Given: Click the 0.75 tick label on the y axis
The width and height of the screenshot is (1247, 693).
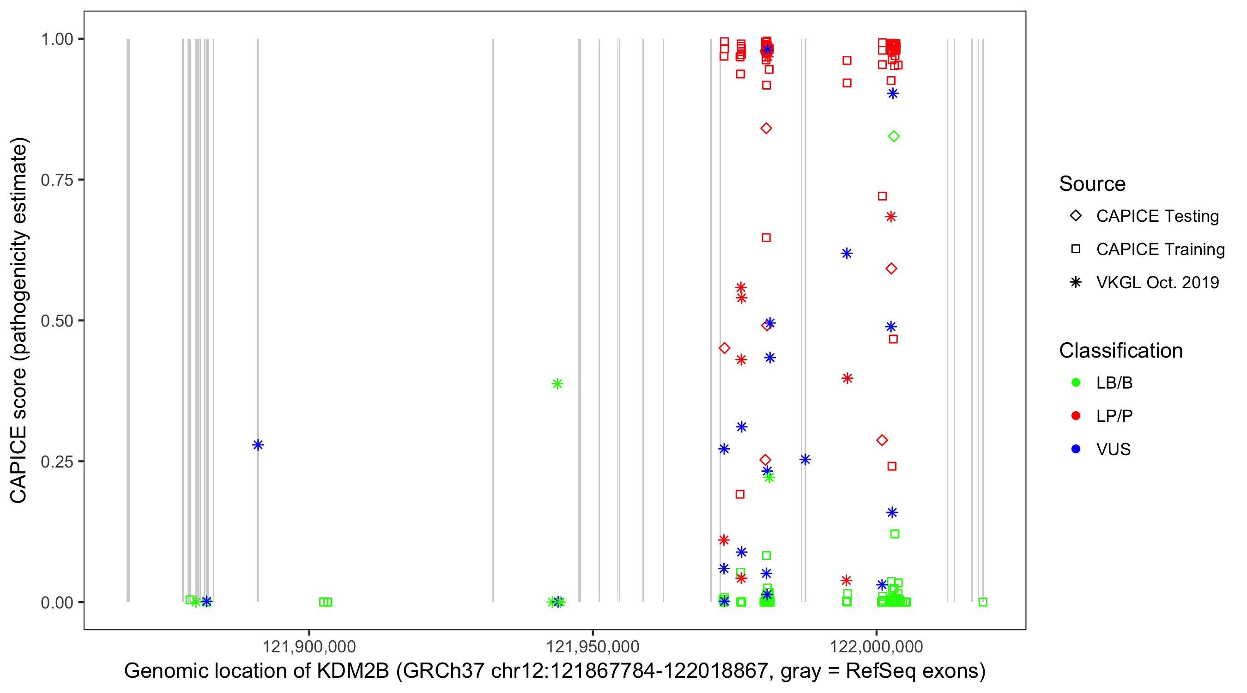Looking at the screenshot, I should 56,180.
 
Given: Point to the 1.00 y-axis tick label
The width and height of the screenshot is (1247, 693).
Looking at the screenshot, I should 56,39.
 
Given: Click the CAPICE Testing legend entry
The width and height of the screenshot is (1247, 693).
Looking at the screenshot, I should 1157,216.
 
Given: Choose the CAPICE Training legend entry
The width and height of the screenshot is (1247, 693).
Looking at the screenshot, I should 1160,249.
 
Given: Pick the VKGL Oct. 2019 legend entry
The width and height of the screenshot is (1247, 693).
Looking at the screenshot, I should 1157,282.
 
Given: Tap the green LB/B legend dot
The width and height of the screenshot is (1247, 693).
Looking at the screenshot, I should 1076,383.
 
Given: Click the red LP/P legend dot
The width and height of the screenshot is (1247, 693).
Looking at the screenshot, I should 1076,416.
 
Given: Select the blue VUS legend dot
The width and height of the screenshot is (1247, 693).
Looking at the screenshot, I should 1076,449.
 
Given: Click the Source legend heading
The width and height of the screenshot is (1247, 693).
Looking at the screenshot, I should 1092,184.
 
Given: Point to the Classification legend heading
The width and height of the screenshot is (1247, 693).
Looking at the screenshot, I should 1120,351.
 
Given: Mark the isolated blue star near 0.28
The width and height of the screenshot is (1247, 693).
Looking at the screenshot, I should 258,444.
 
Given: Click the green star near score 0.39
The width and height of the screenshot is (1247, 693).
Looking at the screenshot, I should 557,383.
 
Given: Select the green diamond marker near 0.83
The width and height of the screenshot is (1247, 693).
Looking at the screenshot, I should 894,137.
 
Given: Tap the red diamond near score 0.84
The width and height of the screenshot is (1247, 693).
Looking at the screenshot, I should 766,128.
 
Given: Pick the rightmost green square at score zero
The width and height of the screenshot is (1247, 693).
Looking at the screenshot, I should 983,602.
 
